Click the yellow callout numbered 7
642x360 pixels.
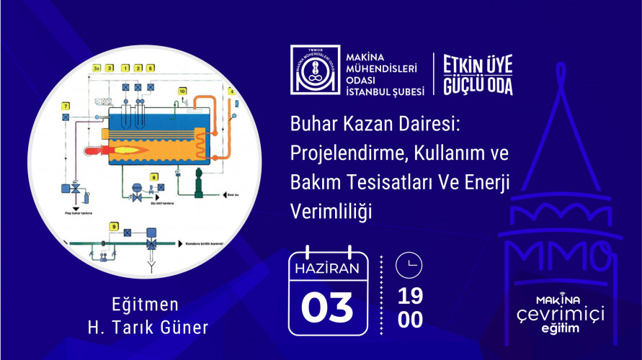66,107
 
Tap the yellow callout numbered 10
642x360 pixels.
182,91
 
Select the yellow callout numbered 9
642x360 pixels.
114,227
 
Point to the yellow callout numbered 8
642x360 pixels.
153,176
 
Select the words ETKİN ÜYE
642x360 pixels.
478,64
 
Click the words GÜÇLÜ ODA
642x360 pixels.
478,85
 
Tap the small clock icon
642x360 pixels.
410,266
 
